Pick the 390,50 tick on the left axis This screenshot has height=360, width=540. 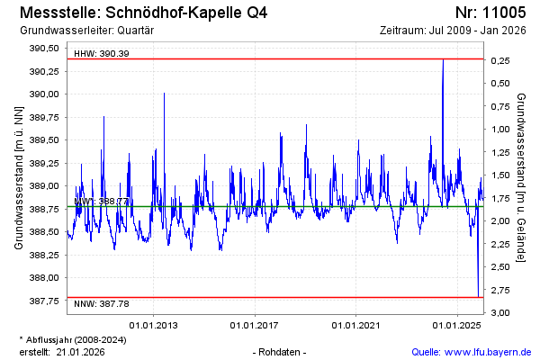tap(44, 49)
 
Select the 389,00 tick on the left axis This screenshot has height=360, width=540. tap(44, 186)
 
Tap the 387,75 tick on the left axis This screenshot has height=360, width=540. tap(44, 301)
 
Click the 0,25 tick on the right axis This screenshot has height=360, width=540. tap(501, 60)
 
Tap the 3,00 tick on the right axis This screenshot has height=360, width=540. tap(501, 312)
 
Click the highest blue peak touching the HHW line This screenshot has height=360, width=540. tap(443, 60)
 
